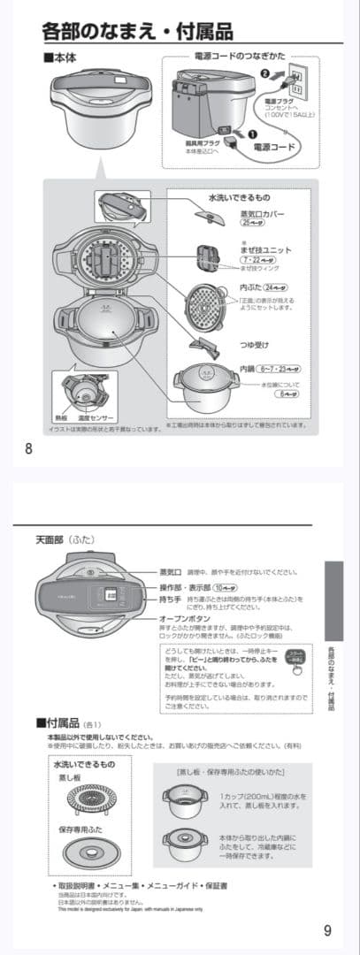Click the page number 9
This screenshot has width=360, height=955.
coord(327,929)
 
